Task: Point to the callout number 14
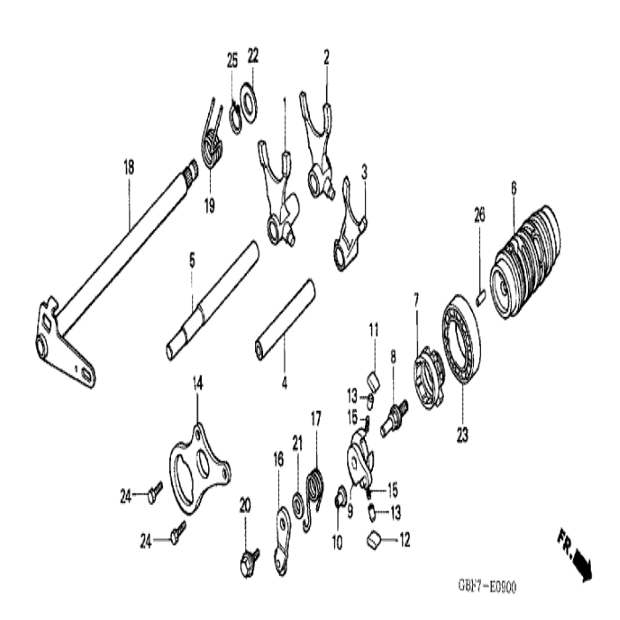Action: [x=198, y=382]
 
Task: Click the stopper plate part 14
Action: [x=199, y=465]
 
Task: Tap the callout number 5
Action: [x=191, y=261]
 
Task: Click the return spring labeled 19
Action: [x=212, y=146]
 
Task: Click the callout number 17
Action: [x=315, y=416]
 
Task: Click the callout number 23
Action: [x=463, y=435]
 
